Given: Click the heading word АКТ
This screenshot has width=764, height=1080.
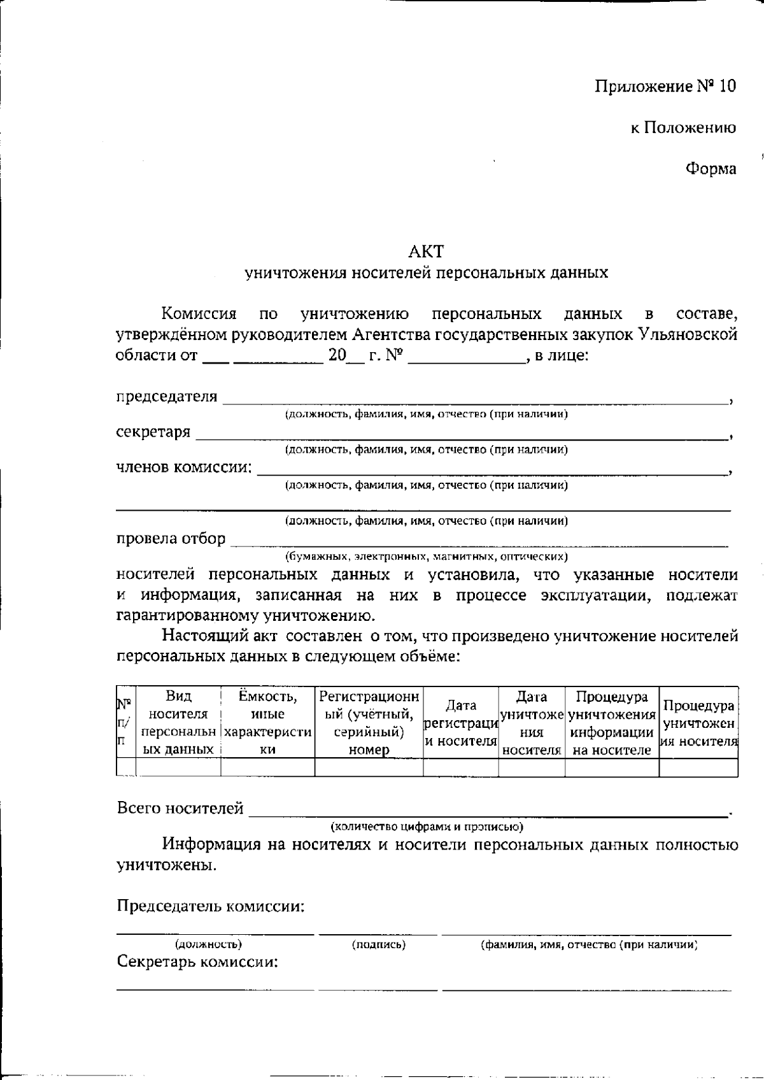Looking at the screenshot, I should click(426, 251).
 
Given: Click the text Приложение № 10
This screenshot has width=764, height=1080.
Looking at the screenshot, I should click(665, 86).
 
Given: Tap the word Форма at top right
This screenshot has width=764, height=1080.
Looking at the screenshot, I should click(711, 169).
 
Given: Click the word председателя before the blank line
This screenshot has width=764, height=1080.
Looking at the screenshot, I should click(166, 397).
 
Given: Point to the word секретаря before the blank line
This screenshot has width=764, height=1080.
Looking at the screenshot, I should click(153, 432).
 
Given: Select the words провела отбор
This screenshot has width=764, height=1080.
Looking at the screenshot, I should click(171, 539).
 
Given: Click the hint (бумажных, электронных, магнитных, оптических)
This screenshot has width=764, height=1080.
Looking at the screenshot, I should click(426, 556).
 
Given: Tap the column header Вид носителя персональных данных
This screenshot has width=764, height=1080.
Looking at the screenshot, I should click(178, 722).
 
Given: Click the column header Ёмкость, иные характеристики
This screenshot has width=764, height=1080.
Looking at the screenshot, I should click(267, 722).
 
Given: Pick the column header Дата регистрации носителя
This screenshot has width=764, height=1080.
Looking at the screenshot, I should click(460, 723).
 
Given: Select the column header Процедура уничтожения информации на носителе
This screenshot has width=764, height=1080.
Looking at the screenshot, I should click(611, 723).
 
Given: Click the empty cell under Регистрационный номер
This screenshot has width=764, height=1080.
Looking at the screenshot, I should click(369, 767).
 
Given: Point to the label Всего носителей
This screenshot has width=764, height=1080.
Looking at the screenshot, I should click(180, 809).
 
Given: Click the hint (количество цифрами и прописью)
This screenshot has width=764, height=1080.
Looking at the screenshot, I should click(426, 827).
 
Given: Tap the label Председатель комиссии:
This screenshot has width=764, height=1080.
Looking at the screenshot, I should click(210, 906).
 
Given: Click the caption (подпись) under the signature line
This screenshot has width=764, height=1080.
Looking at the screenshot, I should click(378, 945).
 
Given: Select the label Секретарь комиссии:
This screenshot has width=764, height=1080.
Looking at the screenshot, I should click(197, 962).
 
